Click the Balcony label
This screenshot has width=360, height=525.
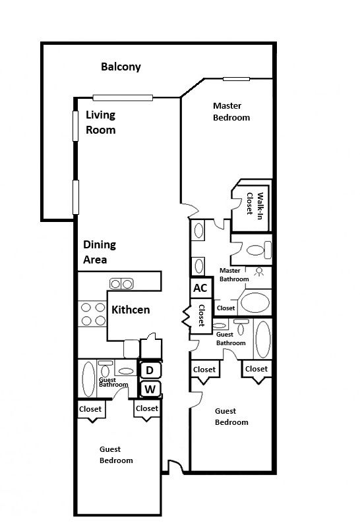coord(121,67)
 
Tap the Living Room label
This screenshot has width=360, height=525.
coord(101,123)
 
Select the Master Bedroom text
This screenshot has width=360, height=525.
coord(231,111)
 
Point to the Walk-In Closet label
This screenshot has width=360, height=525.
coord(255,205)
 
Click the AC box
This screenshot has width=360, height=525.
coord(200,288)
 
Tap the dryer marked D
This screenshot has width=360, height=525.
coord(150,370)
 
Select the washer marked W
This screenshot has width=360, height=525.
coord(150,389)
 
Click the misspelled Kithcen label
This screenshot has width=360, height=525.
coord(131,310)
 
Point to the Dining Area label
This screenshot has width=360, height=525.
coord(99,252)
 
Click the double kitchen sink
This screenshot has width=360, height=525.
coord(121,284)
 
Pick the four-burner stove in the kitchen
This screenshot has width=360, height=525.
coord(93,314)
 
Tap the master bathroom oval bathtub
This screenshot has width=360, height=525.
coord(255,302)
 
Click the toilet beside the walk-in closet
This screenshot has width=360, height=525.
coord(258,250)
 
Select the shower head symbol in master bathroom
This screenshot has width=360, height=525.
coord(258,271)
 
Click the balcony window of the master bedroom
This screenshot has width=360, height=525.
coord(236,79)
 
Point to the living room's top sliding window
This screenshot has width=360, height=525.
coord(123,97)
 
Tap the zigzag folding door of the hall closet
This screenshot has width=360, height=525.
coord(186,317)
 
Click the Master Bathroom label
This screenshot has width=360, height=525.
coord(234,275)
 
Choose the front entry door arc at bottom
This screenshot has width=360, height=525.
coord(175,467)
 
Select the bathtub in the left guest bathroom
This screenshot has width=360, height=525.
coord(88,379)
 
